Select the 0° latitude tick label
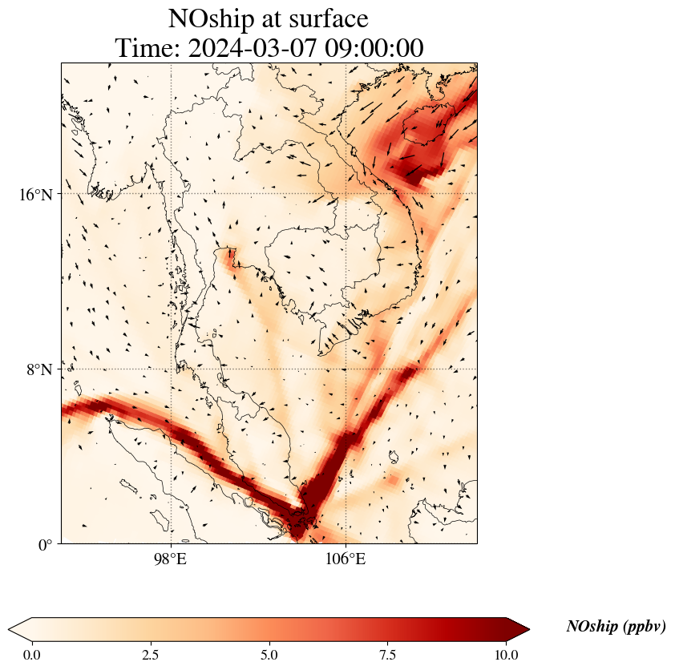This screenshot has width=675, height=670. [x=46, y=545]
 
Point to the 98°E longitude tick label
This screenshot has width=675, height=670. [x=170, y=559]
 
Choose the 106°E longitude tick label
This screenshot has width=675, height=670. [x=346, y=559]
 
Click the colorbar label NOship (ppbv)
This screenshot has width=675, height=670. [x=616, y=627]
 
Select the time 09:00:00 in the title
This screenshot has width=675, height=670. [x=374, y=48]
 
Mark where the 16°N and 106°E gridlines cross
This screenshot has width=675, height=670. [x=346, y=194]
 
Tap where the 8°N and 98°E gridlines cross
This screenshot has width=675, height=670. [x=171, y=369]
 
